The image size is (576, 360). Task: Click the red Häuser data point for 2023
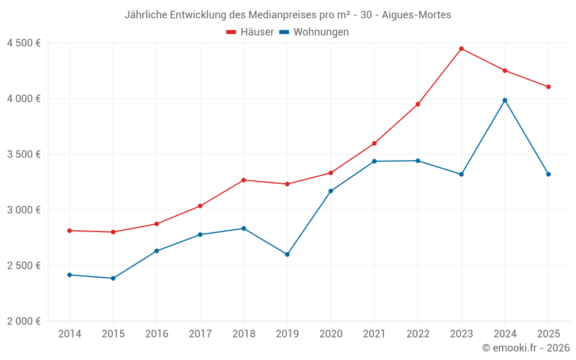click(x=461, y=48)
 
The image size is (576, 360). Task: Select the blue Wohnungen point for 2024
click(x=505, y=100)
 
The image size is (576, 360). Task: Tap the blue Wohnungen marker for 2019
click(x=287, y=254)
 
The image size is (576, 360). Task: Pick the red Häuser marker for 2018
click(x=244, y=180)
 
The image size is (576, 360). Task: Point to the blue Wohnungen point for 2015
click(x=113, y=278)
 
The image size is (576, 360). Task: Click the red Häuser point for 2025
click(x=548, y=87)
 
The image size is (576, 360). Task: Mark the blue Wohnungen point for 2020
click(x=331, y=191)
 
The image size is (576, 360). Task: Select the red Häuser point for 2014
click(x=70, y=230)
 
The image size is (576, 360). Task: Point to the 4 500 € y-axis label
click(x=24, y=43)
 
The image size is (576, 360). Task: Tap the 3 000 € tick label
click(x=24, y=210)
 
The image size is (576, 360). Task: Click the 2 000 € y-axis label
click(x=24, y=321)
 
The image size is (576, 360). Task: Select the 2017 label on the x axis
click(x=200, y=334)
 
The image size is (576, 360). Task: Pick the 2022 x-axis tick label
click(x=418, y=334)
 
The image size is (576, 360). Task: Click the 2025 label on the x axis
click(x=548, y=334)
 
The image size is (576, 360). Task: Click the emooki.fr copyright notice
click(x=525, y=348)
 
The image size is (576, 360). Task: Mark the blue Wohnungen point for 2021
click(x=374, y=161)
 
